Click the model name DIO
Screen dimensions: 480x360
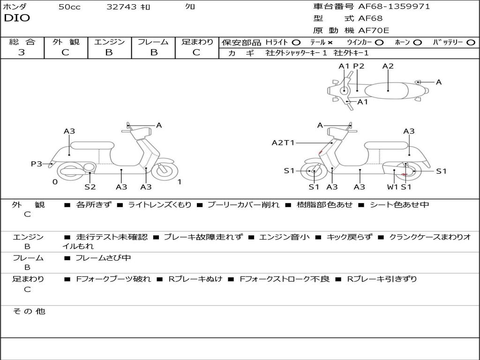point(17,18)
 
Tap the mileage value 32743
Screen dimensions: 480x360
point(121,7)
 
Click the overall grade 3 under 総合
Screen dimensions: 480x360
point(22,52)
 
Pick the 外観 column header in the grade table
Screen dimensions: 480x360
point(66,42)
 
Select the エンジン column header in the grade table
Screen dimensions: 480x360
point(109,42)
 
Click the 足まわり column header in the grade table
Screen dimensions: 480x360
point(197,42)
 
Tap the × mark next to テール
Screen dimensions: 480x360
point(330,42)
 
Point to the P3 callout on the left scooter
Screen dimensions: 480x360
point(37,164)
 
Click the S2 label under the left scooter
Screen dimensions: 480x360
point(90,187)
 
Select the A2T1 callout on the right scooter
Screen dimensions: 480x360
point(283,142)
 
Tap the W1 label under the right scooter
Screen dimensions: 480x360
point(392,187)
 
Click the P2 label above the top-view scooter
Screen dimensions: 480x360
point(359,66)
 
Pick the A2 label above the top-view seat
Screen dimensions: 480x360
point(388,66)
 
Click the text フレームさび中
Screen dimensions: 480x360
point(103,258)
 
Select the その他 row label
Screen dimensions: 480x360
point(29,311)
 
